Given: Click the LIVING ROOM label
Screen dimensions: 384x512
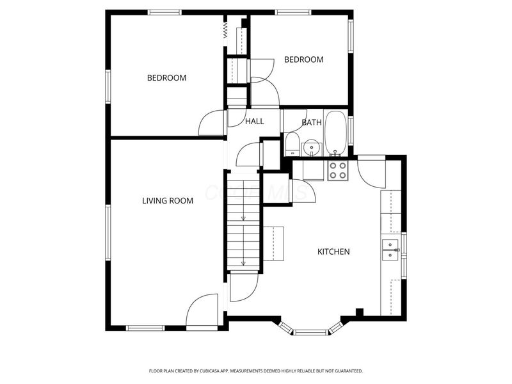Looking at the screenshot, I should click(x=167, y=200).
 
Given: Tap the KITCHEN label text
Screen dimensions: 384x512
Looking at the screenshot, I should click(x=333, y=252).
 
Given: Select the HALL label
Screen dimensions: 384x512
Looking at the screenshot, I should click(x=255, y=121).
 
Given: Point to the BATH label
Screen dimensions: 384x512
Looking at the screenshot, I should click(x=312, y=122).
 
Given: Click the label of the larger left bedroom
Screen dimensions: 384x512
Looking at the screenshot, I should click(x=166, y=78).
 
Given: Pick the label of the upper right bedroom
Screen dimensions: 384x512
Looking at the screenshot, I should click(x=303, y=60).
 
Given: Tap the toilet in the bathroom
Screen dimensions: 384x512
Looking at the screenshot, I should click(x=292, y=145).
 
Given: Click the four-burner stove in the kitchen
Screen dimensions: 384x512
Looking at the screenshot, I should click(x=338, y=170).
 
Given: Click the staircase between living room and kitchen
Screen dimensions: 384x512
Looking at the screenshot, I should click(x=243, y=224).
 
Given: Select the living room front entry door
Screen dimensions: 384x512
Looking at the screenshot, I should click(x=202, y=311).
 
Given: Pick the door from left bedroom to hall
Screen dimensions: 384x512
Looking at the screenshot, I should click(x=212, y=123).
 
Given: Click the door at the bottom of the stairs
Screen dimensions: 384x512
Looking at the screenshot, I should click(x=243, y=286).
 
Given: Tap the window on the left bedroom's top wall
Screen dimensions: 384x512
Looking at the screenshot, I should click(x=164, y=12).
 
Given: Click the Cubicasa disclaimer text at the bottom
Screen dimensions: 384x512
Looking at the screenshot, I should click(x=256, y=371).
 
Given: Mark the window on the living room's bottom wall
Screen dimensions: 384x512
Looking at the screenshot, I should click(x=145, y=328).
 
